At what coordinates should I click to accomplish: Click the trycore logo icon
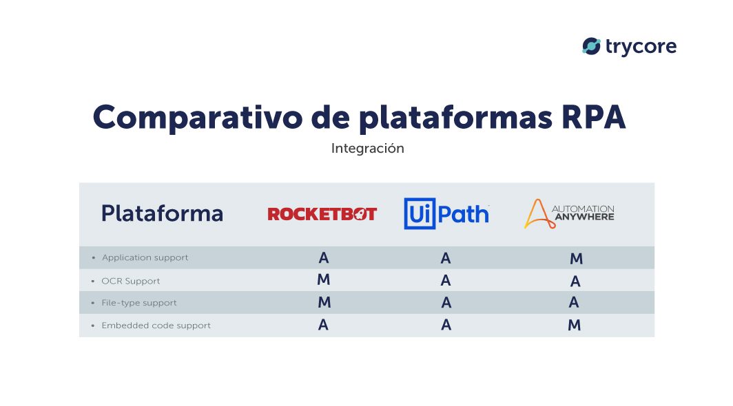tap(591, 46)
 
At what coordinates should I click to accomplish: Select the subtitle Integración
tap(367, 148)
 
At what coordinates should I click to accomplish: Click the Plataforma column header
tap(162, 213)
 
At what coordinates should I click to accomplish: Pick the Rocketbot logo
tap(322, 214)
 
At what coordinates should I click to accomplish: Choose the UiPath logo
tap(446, 213)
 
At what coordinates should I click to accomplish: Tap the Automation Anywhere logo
tap(569, 213)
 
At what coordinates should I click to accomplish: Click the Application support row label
tap(145, 257)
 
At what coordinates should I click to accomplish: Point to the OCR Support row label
tap(131, 281)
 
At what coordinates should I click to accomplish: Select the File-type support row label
tap(139, 303)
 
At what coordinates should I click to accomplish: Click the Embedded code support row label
tap(156, 325)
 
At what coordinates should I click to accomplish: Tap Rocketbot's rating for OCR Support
tap(324, 280)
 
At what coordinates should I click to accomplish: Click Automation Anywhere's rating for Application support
tap(576, 259)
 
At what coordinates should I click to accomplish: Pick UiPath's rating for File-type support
tap(446, 303)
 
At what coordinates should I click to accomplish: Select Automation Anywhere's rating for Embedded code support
tap(575, 325)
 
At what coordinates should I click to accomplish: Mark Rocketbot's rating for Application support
tap(324, 258)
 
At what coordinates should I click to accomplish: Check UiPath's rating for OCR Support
tap(446, 281)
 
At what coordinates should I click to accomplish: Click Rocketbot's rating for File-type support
tap(324, 303)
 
